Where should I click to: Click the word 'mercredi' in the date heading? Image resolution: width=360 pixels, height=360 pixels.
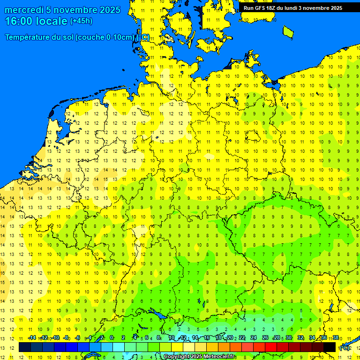click(24, 10)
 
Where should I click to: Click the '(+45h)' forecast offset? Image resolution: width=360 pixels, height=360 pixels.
click(81, 21)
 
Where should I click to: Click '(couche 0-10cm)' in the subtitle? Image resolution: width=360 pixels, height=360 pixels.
click(105, 37)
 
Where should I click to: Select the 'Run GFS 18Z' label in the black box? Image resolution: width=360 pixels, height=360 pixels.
click(259, 8)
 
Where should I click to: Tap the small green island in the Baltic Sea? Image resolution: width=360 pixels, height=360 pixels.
click(288, 31)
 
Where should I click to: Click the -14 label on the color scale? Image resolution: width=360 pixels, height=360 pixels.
click(32, 337)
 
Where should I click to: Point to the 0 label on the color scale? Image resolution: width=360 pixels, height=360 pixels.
click(112, 337)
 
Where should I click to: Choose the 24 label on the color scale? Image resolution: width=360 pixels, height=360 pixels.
click(254, 337)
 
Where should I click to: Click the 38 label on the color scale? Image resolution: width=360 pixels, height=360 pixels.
click(336, 337)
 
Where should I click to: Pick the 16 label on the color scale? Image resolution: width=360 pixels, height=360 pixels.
click(206, 337)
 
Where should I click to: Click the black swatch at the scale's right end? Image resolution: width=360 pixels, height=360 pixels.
click(330, 347)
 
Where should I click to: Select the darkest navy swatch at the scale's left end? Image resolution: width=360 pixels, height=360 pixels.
click(25, 347)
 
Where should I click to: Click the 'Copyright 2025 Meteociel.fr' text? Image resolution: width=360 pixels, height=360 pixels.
click(199, 357)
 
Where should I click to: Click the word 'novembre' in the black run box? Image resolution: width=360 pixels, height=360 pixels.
click(316, 8)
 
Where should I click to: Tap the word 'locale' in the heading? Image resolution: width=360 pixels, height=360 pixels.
click(52, 21)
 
